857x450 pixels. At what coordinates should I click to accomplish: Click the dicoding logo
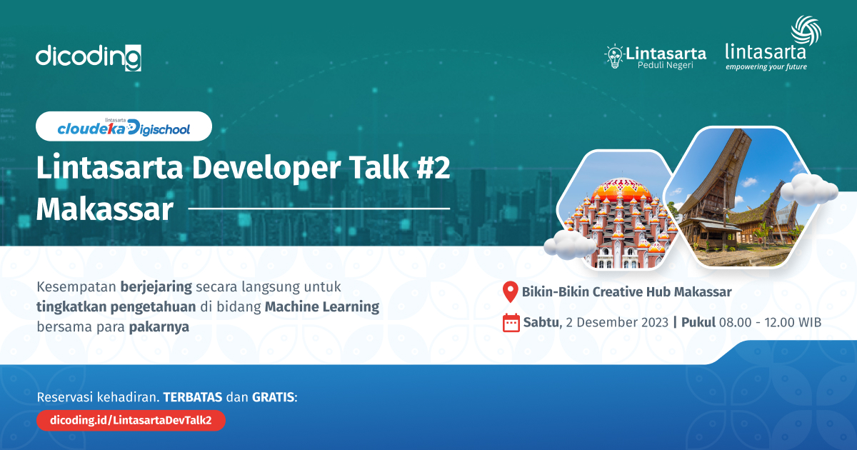coord(88,56)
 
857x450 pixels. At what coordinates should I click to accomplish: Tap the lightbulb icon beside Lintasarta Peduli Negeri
coord(613,56)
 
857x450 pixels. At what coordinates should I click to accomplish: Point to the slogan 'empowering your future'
coord(766,67)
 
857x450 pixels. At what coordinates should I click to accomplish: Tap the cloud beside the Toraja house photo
coord(808,189)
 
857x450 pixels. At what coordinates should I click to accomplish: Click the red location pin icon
coord(510,291)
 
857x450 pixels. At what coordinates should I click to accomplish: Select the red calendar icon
coord(511,323)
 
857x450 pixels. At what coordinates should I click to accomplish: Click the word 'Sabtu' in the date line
coord(541,322)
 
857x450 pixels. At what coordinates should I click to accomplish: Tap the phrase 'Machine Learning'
coord(322,307)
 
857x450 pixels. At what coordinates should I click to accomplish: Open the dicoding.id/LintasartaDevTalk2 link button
coord(131,421)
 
